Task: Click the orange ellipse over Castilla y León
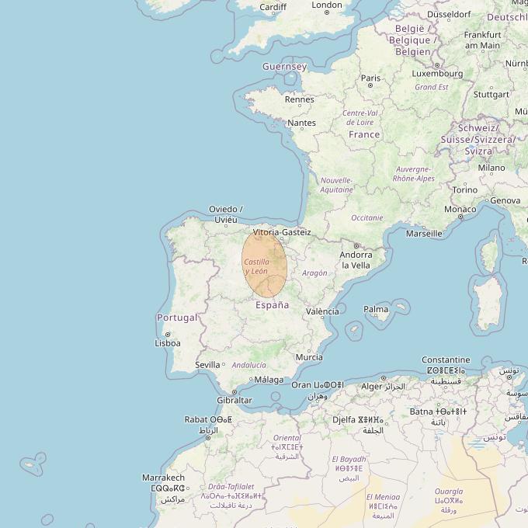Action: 265,265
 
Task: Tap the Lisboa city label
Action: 168,342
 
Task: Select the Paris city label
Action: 370,78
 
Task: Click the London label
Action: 327,5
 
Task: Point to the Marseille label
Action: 424,233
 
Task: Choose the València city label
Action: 322,311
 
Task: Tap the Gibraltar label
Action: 234,400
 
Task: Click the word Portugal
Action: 177,318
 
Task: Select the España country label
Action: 273,305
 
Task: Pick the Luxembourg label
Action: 436,74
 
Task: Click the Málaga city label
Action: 269,380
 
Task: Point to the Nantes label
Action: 301,123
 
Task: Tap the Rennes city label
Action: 300,99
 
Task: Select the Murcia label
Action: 309,357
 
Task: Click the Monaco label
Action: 460,210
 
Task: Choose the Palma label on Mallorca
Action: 376,309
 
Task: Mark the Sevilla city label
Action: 207,364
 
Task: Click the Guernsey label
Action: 284,67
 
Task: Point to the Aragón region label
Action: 314,273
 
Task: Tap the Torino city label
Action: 465,189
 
